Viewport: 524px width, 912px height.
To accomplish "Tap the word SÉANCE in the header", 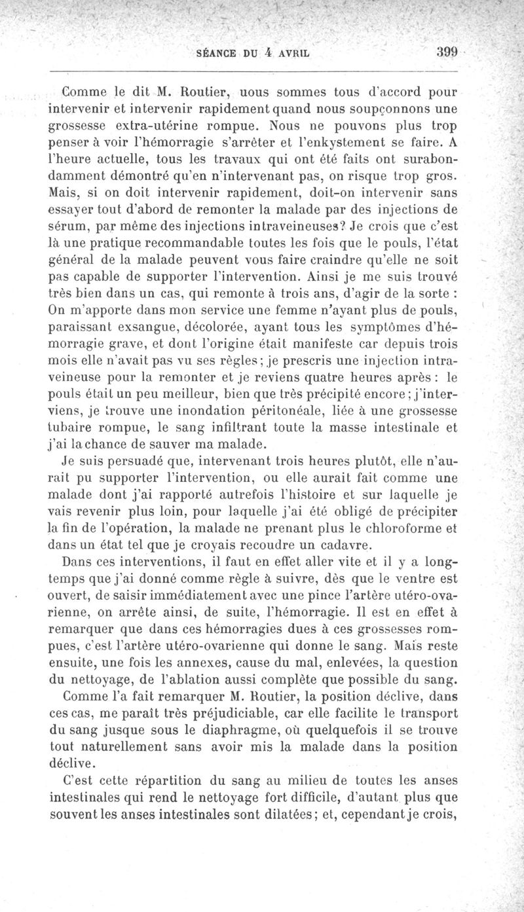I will click(x=221, y=55).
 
